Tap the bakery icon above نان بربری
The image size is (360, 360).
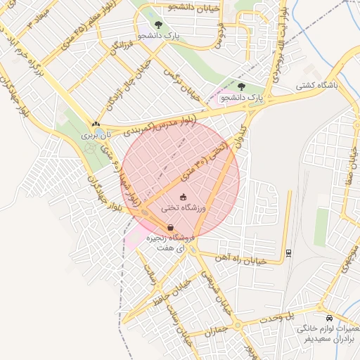pos(96,124)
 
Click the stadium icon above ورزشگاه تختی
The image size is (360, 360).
pos(184,197)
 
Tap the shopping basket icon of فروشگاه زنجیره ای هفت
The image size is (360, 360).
pos(171,227)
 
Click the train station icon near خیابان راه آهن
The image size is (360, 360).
pos(288,252)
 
